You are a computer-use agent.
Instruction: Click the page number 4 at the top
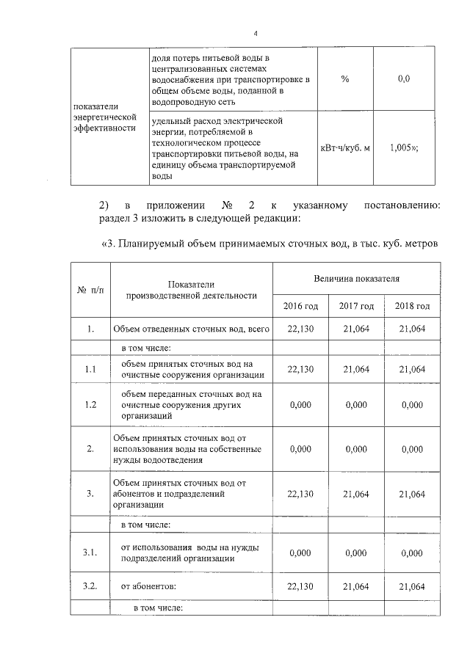point(256,34)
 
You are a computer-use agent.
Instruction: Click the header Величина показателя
point(356,279)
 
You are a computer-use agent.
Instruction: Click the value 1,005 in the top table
point(404,147)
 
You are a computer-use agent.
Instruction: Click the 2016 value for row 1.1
point(300,369)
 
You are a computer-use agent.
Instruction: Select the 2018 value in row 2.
point(411,449)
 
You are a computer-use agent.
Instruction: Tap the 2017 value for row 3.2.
point(356,585)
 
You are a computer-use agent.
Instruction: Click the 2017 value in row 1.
point(356,329)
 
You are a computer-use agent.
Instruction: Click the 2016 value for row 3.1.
point(300,553)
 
